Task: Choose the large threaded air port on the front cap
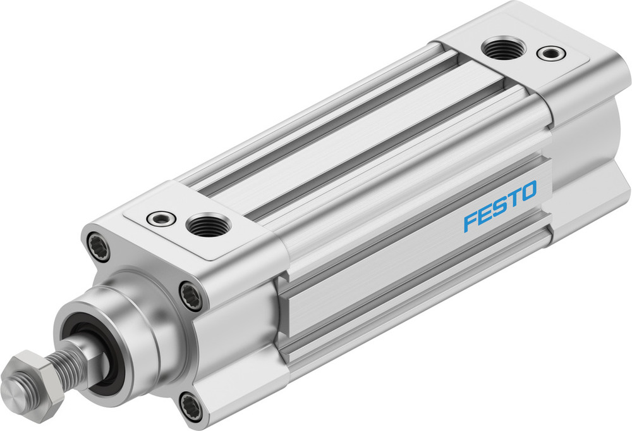[206, 225]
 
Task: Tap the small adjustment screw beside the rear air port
[549, 53]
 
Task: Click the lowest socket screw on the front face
[191, 406]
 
